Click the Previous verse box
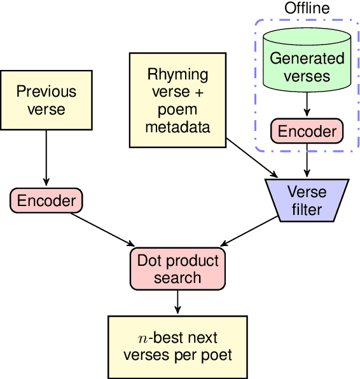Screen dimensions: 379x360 (x=46, y=100)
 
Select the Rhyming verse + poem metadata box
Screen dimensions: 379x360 (x=177, y=100)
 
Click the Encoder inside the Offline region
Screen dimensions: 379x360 (x=307, y=131)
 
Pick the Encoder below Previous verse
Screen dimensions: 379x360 (x=46, y=201)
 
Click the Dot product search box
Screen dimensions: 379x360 (x=177, y=268)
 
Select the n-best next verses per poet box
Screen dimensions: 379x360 (x=177, y=346)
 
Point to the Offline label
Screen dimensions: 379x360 (x=307, y=8)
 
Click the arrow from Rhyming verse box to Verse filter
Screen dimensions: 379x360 (x=252, y=156)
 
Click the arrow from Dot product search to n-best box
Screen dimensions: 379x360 (x=177, y=301)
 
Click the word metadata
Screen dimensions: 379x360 (x=177, y=127)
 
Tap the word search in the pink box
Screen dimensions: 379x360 (x=177, y=277)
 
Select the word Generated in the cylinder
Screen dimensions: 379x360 (x=307, y=59)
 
